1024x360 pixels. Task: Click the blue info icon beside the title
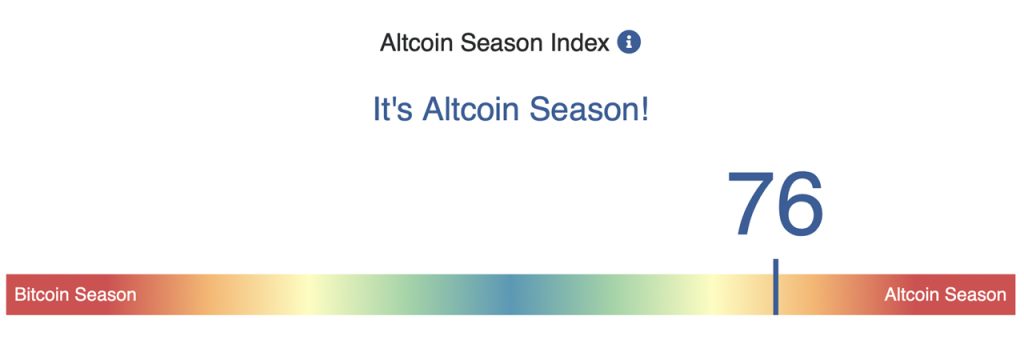tap(629, 43)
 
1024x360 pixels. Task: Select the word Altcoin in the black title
tap(414, 44)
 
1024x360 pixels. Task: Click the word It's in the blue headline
tap(393, 109)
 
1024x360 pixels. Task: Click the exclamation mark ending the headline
tap(643, 109)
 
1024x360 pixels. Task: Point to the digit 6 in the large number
tap(801, 205)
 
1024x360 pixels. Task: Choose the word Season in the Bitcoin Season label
tap(105, 295)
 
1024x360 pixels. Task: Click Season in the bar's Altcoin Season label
tap(975, 295)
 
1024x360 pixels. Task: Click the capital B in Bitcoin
tap(20, 295)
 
